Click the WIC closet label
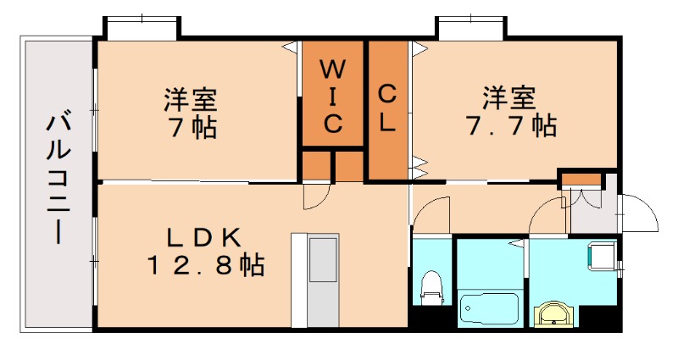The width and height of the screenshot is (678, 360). click(x=333, y=95)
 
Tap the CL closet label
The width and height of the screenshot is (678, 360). click(x=387, y=107)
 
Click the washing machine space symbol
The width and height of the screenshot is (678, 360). click(x=603, y=254)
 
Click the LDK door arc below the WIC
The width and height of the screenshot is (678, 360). click(x=317, y=197)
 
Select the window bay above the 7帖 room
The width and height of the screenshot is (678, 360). click(x=142, y=25)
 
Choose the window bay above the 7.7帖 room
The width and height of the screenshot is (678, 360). click(x=471, y=25)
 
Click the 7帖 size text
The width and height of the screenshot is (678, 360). click(x=191, y=129)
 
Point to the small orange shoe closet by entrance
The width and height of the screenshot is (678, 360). click(x=580, y=179)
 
